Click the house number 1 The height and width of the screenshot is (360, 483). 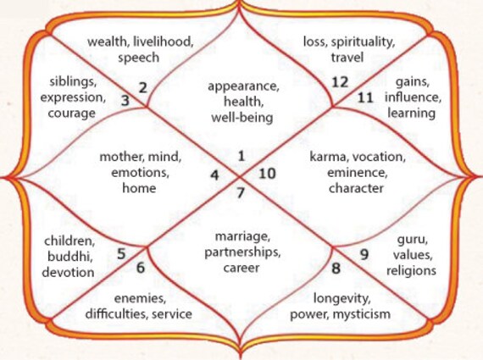click(241, 156)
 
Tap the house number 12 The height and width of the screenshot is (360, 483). click(340, 82)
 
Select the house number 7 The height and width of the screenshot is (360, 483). click(241, 193)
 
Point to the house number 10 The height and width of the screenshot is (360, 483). click(267, 174)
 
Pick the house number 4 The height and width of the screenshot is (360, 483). click(214, 175)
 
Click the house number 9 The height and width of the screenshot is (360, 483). click(364, 255)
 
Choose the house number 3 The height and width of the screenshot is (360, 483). click(125, 101)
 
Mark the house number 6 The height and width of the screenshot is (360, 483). click(141, 268)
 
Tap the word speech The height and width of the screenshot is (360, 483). click(139, 58)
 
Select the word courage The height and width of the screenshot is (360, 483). click(71, 113)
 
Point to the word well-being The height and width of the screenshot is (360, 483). click(242, 118)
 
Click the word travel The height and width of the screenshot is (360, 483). click(347, 58)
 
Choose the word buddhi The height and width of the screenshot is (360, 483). click(70, 257)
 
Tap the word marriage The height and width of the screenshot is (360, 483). click(242, 237)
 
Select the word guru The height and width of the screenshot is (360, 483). click(412, 240)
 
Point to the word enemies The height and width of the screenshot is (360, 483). click(140, 298)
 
